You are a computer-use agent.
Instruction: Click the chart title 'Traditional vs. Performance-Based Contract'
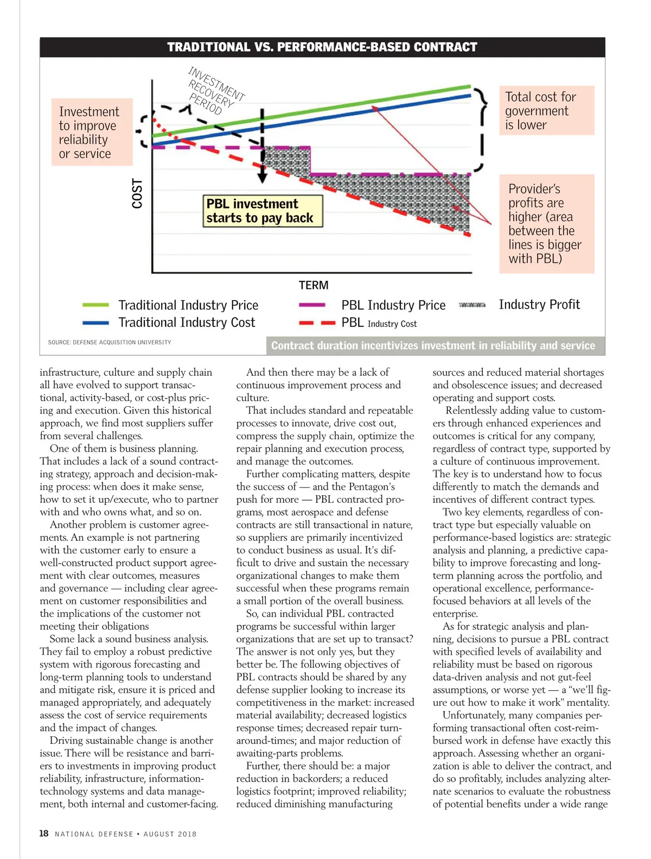(322, 47)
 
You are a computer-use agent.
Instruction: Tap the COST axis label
(137, 193)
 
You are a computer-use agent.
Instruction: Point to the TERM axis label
(314, 285)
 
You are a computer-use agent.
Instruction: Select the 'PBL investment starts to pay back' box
(263, 211)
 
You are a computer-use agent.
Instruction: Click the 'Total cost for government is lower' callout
(546, 111)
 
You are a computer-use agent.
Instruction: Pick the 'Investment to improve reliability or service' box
(92, 132)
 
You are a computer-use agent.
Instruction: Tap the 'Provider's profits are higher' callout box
(547, 224)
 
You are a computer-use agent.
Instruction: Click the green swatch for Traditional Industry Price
(95, 305)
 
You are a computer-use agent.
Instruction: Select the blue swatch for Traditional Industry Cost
(95, 323)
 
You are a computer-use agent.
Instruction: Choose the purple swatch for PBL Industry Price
(312, 305)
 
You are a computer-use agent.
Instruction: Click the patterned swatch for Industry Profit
(472, 305)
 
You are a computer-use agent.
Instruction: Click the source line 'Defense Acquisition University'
(110, 343)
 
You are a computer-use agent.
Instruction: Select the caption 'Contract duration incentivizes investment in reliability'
(433, 346)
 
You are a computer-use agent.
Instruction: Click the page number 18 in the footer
(44, 833)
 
